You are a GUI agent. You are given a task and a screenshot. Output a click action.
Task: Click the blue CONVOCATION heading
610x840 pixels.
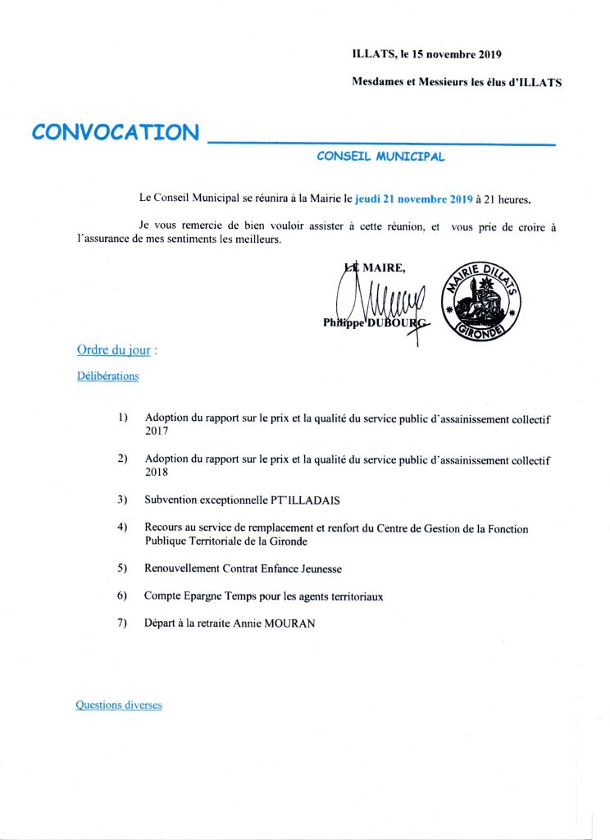click(115, 132)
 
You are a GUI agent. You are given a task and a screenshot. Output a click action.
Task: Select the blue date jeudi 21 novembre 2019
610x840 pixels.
click(414, 199)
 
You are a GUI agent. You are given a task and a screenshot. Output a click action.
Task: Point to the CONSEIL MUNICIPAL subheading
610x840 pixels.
click(380, 156)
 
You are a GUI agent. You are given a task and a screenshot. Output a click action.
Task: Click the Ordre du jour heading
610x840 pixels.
click(114, 349)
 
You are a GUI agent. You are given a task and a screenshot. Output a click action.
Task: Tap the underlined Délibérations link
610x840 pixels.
click(107, 377)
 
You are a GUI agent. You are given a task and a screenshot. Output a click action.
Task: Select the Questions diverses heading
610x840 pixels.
click(119, 705)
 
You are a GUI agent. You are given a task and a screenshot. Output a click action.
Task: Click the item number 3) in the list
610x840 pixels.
click(123, 499)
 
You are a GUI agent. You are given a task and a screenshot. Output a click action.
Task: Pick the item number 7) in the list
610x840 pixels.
click(123, 623)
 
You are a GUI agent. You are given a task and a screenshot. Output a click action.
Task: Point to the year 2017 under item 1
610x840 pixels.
click(157, 431)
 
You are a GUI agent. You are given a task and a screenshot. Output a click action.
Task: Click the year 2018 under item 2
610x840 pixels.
click(157, 472)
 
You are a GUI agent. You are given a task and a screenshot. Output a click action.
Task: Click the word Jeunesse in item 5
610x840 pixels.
click(320, 568)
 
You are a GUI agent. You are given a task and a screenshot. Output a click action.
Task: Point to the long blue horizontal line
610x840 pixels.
click(381, 143)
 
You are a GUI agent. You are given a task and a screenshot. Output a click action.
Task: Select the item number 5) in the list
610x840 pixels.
click(123, 568)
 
